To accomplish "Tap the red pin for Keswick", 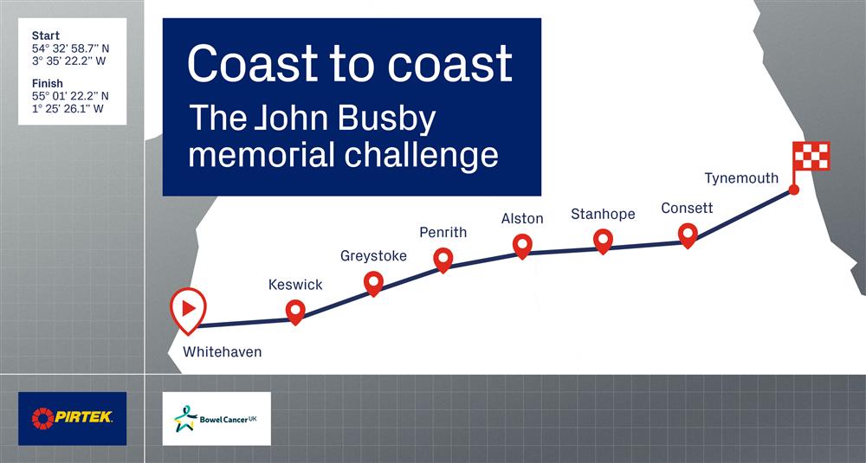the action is (295, 312).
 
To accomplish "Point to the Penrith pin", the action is (443, 260).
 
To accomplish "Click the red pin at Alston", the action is (522, 246).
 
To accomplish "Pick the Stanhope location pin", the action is (603, 241).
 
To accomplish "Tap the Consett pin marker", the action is (688, 235).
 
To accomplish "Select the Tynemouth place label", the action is (741, 178).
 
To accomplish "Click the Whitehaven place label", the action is (222, 351).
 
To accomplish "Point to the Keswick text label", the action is (295, 285).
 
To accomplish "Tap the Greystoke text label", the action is (373, 256).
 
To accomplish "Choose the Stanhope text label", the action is (603, 214).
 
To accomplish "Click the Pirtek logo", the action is (73, 418).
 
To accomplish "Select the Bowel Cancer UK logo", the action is (216, 418).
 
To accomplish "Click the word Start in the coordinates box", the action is (46, 36).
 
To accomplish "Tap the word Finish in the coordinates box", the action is (48, 84).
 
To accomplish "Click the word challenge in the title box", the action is (422, 154).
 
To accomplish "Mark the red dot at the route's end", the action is (793, 190).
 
